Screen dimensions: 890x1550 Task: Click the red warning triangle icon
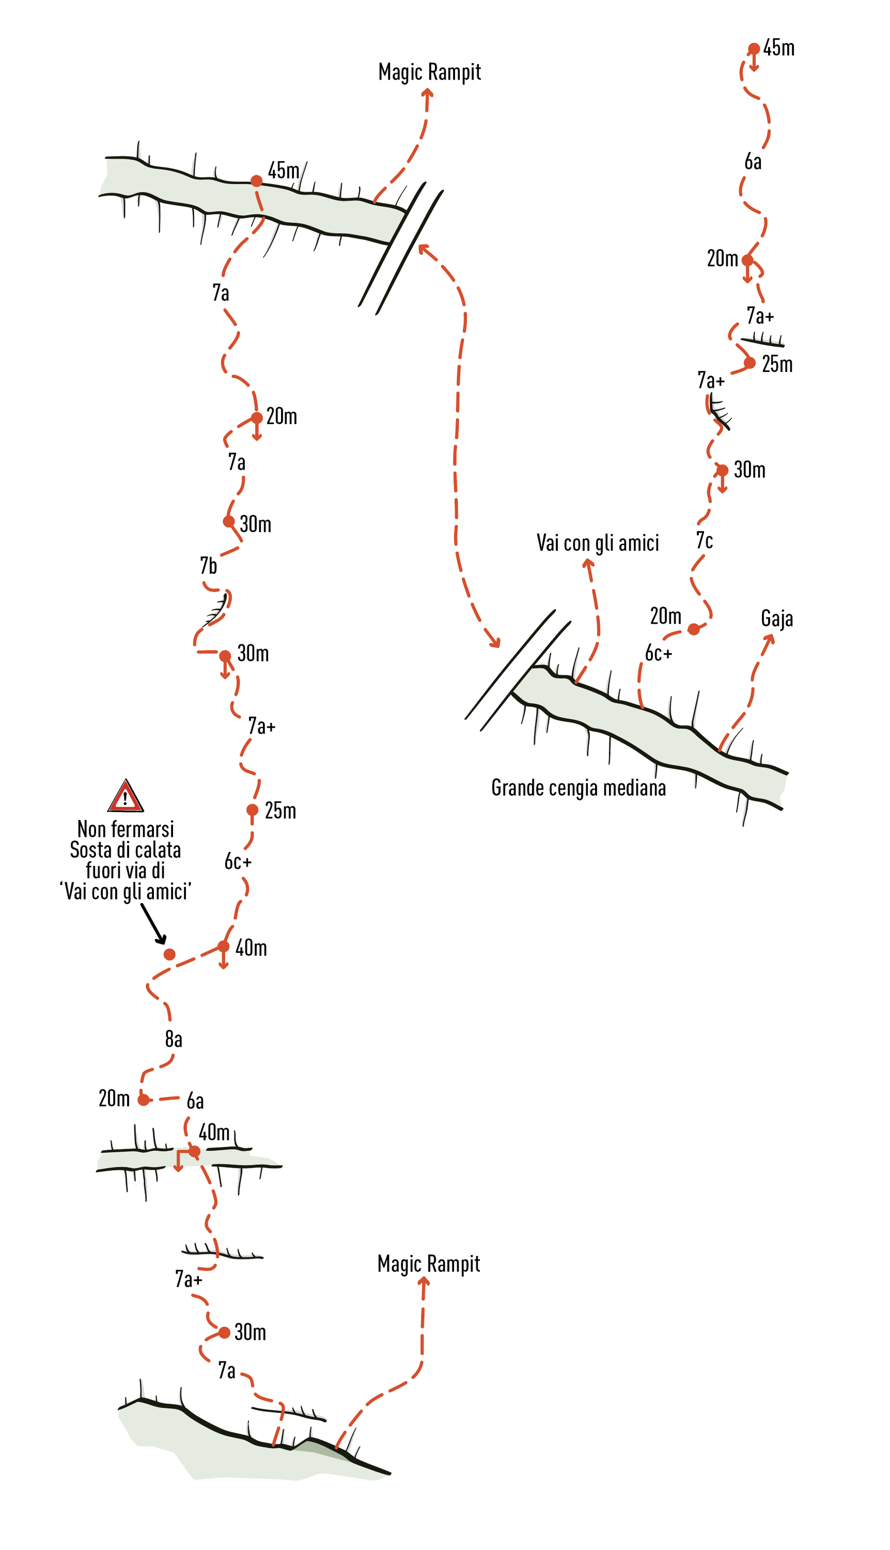click(126, 797)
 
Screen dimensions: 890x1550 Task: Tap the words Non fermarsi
click(126, 830)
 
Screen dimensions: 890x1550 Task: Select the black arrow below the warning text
click(153, 923)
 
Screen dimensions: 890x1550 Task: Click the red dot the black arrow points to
click(169, 954)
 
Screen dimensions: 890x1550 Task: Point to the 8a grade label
click(174, 1039)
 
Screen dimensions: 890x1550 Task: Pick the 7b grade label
click(209, 566)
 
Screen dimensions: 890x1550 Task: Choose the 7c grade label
click(704, 540)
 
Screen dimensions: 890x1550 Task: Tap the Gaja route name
click(777, 619)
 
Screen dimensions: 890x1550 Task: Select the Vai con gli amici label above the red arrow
click(598, 543)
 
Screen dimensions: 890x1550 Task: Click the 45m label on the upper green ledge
click(284, 171)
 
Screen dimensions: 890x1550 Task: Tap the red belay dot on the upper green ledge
click(257, 181)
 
